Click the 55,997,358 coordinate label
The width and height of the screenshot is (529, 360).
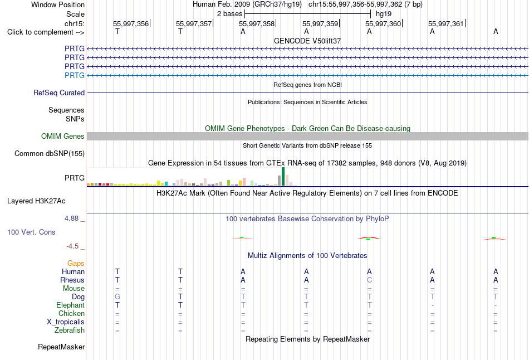coord(257,23)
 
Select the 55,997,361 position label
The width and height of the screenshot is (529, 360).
coord(446,23)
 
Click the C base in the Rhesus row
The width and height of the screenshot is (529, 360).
coord(369,280)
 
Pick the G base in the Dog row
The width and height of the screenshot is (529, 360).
coord(117,297)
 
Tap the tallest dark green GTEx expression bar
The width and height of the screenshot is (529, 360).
coord(283,176)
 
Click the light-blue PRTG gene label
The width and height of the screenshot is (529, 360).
coord(75,75)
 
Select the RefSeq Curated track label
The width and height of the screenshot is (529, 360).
coord(59,93)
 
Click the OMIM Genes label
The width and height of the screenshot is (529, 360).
coord(63,136)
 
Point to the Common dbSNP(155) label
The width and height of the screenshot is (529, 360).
coord(50,154)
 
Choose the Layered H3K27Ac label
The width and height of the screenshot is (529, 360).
coord(36,201)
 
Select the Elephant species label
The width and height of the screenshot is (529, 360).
coord(71,305)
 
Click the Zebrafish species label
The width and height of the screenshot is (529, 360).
coord(70,330)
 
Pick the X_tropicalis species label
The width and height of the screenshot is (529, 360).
coord(66,322)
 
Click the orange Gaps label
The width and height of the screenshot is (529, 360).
coord(76,263)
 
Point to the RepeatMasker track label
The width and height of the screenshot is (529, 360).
coord(61,347)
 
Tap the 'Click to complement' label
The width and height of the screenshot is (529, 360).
coord(46,32)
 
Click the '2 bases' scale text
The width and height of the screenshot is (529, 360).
coord(229,14)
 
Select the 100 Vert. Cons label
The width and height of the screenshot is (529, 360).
coord(31,232)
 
